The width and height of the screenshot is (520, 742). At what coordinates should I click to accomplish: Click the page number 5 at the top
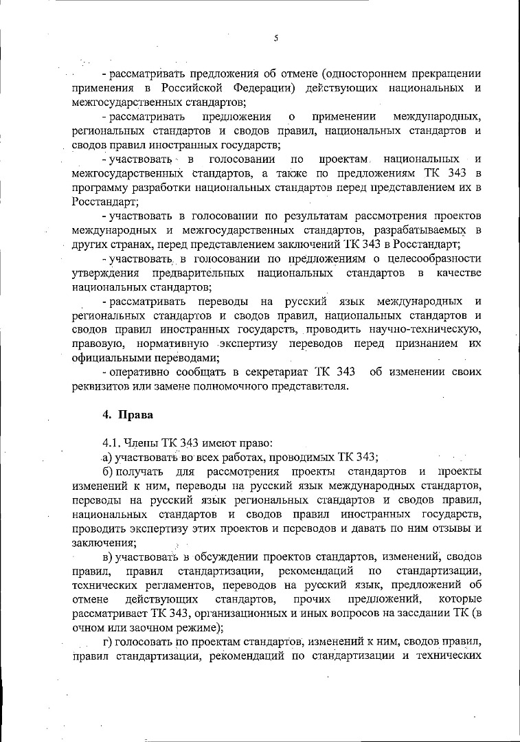(275, 38)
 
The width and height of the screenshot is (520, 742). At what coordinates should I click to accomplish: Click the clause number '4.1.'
(112, 442)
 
